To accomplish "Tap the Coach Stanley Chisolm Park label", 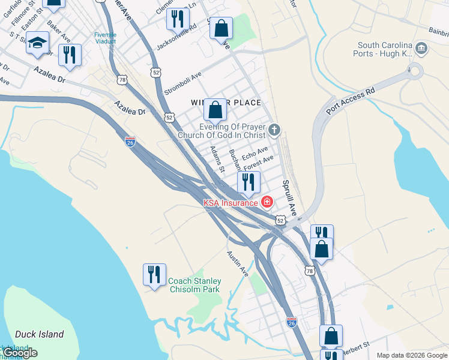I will point(194,285).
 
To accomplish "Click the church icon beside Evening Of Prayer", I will point(274,130).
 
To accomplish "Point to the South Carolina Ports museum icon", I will point(421,48).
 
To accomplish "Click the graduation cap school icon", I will point(37,43).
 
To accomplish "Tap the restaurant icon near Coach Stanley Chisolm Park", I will point(154,274).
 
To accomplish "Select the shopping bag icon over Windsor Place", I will point(215,110).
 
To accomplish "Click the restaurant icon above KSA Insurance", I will point(249,181).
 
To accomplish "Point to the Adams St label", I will point(217,158).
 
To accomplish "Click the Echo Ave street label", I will point(255,153).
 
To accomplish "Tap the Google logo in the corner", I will point(20,353).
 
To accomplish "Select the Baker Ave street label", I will point(59,32).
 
